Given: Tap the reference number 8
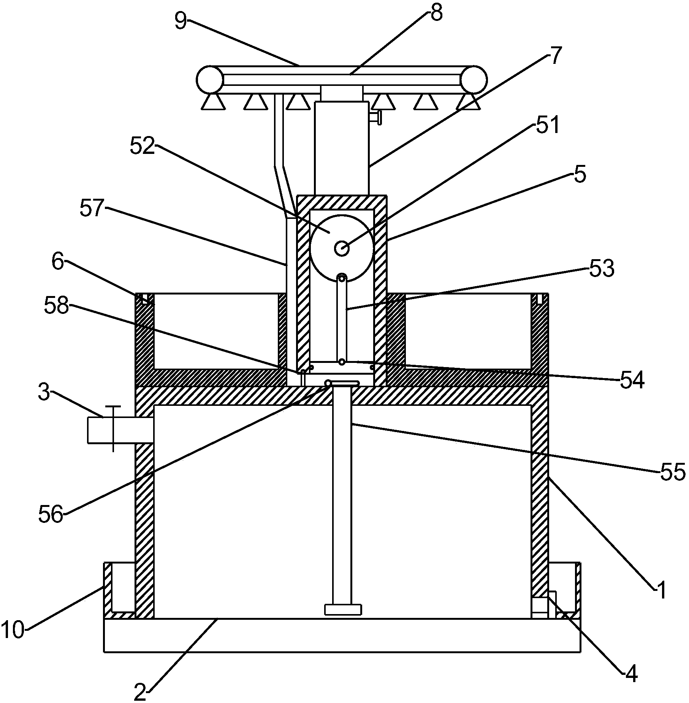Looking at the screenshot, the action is coord(436,13).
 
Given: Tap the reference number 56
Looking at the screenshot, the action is coord(51,515).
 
